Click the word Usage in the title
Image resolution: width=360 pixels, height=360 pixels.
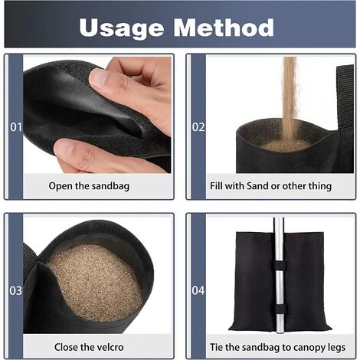click(x=122, y=28)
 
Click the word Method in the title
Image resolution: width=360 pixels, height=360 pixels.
click(x=224, y=27)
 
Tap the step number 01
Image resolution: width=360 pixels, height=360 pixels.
click(x=16, y=127)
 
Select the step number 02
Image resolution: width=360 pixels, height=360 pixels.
click(x=198, y=127)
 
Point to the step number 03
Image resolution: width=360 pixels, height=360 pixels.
click(x=16, y=290)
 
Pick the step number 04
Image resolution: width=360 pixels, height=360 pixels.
click(x=198, y=290)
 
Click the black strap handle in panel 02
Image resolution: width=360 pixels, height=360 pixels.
click(x=345, y=97)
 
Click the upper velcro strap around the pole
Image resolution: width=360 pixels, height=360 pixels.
click(x=279, y=266)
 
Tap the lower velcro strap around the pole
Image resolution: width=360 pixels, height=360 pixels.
click(x=280, y=309)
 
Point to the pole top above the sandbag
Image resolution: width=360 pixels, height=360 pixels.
click(x=278, y=224)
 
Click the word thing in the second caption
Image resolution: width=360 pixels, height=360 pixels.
click(x=320, y=186)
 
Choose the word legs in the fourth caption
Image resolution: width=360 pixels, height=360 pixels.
click(x=336, y=348)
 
